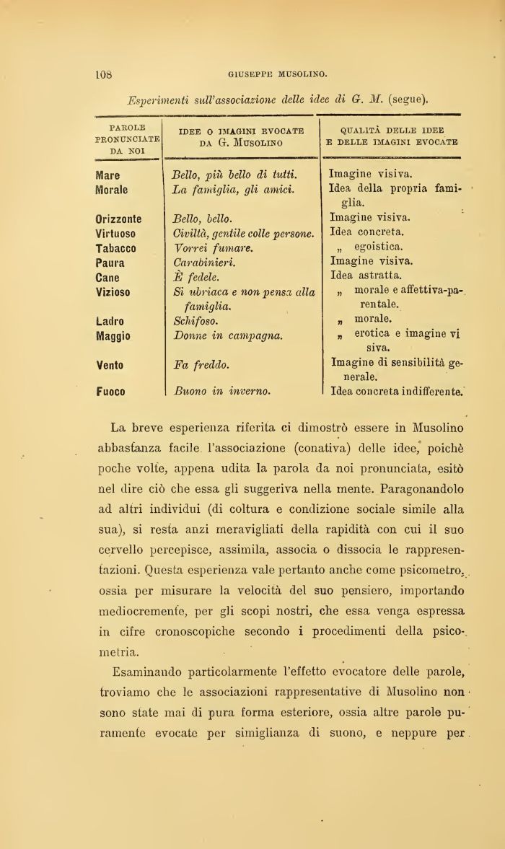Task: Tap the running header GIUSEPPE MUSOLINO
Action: click(278, 73)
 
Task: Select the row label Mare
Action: click(108, 175)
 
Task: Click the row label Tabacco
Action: click(116, 248)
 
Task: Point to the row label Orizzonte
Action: click(119, 219)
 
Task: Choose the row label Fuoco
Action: click(110, 392)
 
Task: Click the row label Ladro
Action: click(110, 321)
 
